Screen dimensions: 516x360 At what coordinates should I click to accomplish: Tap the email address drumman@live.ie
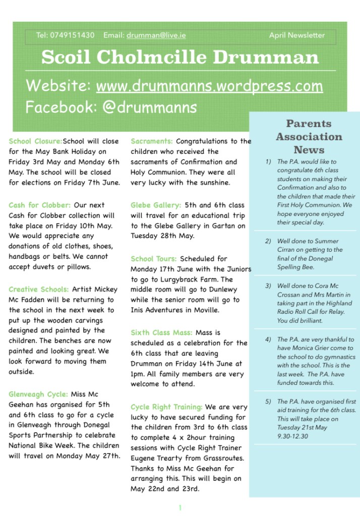pyautogui.click(x=156, y=35)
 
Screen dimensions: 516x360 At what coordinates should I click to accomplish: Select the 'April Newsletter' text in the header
pyautogui.click(x=297, y=35)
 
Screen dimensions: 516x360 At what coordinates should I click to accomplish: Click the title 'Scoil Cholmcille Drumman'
pyautogui.click(x=180, y=57)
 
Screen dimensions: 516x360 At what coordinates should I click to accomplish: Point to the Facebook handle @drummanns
pyautogui.click(x=150, y=107)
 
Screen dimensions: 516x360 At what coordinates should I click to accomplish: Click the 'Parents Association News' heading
pyautogui.click(x=309, y=137)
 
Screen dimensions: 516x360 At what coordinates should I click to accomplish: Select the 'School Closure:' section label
pyautogui.click(x=35, y=142)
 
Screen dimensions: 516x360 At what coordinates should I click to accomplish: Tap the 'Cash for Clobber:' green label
pyautogui.click(x=39, y=205)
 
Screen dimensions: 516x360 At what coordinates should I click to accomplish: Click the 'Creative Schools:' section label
pyautogui.click(x=38, y=290)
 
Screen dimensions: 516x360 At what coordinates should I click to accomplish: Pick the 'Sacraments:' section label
pyautogui.click(x=151, y=141)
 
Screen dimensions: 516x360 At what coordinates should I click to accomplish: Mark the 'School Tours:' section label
pyautogui.click(x=153, y=259)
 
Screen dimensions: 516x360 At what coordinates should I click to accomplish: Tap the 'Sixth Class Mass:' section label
pyautogui.click(x=161, y=333)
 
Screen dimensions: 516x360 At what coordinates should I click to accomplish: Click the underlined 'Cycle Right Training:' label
pyautogui.click(x=166, y=407)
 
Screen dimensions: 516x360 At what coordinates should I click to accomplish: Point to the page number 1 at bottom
pyautogui.click(x=179, y=507)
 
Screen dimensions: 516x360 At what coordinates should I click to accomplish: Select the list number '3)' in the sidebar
pyautogui.click(x=268, y=286)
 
